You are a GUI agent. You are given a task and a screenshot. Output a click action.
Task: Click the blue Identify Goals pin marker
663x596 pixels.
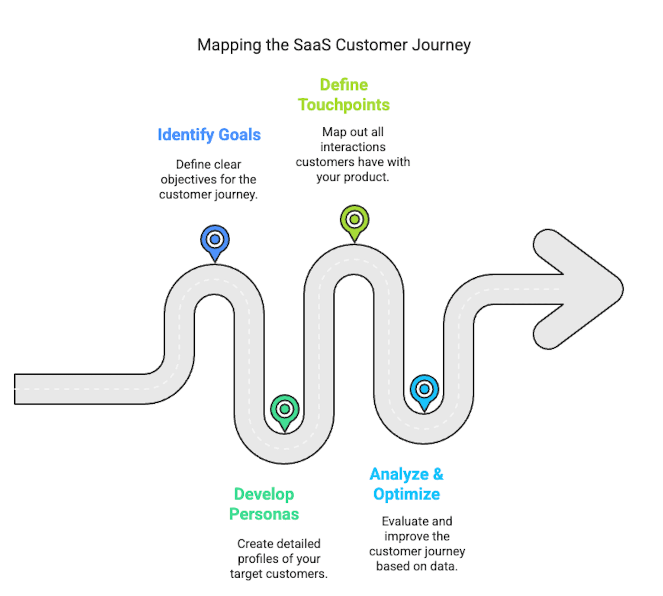point(215,240)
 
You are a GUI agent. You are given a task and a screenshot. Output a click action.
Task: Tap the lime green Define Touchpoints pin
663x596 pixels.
point(354,220)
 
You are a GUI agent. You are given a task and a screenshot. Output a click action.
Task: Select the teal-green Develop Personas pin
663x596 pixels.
point(285,410)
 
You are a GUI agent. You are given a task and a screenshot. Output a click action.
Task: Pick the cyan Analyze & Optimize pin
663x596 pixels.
point(425,390)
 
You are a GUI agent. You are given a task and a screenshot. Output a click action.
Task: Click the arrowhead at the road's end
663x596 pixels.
point(580,289)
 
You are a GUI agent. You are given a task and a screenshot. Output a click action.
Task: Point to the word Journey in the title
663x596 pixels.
point(441,45)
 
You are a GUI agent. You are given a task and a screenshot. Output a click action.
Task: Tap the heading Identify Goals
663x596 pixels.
point(209,135)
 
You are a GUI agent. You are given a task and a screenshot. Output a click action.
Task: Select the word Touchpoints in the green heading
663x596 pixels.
point(344,105)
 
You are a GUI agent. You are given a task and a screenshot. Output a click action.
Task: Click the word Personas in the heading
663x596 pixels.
point(264,514)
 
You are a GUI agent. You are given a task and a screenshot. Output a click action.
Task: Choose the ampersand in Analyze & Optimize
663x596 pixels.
point(438,474)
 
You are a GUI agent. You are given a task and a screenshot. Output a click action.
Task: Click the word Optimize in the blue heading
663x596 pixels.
point(406,494)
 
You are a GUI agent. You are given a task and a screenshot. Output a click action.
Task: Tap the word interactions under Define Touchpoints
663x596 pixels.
point(353,147)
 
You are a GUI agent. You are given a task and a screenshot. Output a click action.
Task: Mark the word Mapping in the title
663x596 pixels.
point(229,45)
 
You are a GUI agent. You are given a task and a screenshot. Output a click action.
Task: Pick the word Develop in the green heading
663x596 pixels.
point(264,494)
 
